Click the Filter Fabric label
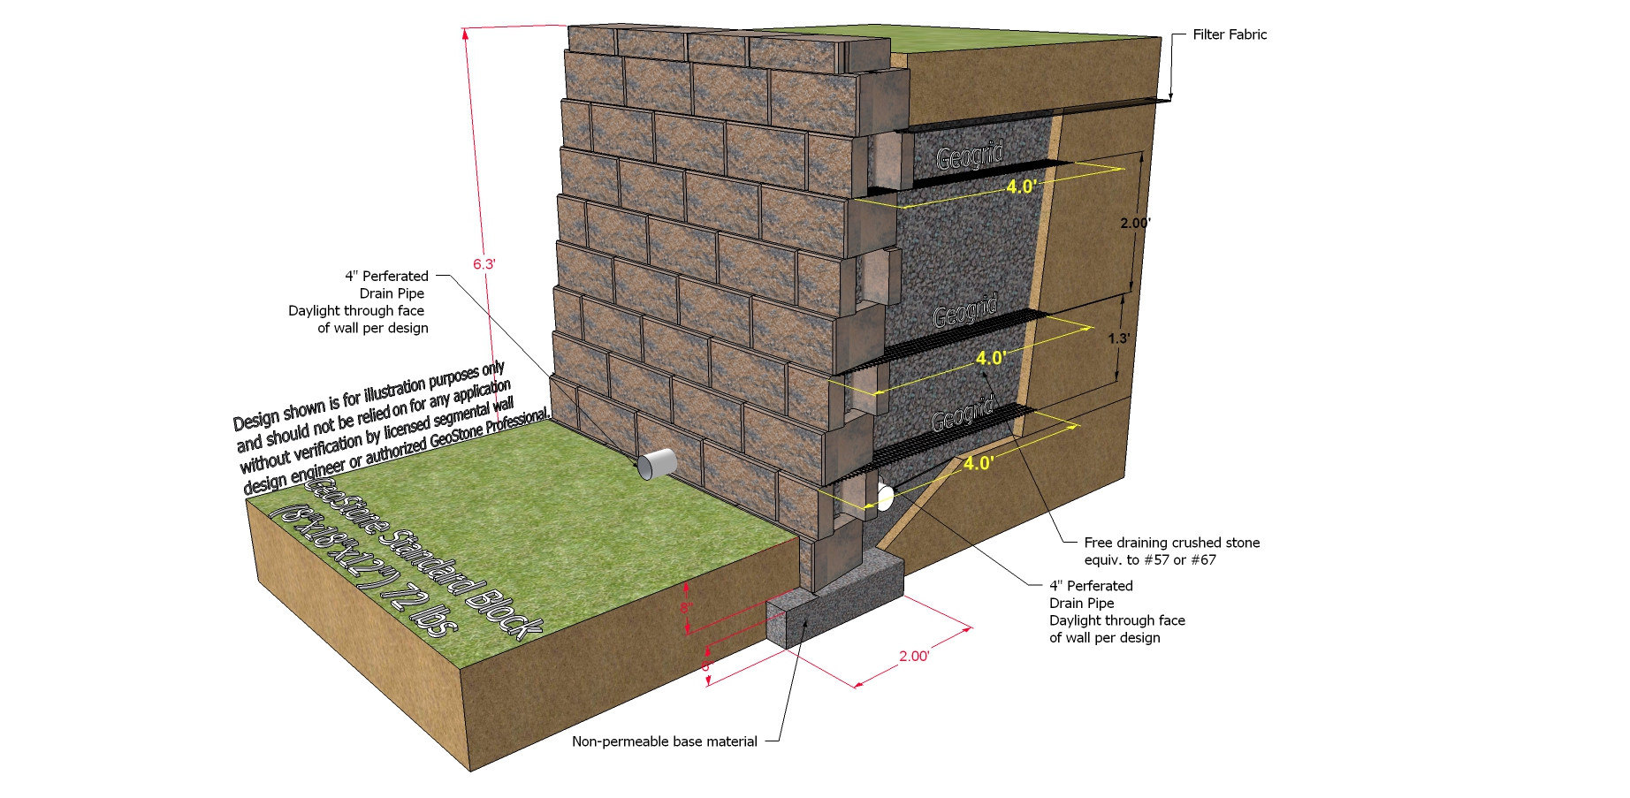click(1229, 34)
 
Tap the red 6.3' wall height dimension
click(484, 264)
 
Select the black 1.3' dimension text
click(1118, 338)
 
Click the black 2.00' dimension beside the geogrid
click(1135, 223)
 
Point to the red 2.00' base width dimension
click(913, 656)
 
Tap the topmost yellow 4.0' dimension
click(1021, 186)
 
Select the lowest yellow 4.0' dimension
click(979, 463)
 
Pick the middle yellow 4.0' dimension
click(991, 358)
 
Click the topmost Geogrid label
click(971, 157)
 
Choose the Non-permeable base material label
click(664, 741)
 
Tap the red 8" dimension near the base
click(686, 608)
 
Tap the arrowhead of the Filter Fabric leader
click(1170, 97)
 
